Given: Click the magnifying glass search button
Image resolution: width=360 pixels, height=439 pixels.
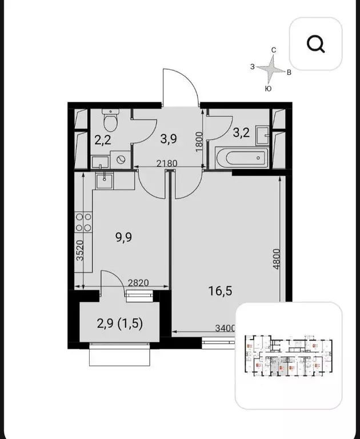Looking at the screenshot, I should [x=315, y=43].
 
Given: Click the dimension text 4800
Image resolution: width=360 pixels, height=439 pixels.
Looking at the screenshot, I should [x=276, y=260].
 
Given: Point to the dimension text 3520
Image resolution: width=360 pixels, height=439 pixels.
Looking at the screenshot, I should [x=81, y=250].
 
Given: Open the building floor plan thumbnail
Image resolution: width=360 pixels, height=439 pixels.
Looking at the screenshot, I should [x=289, y=356].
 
